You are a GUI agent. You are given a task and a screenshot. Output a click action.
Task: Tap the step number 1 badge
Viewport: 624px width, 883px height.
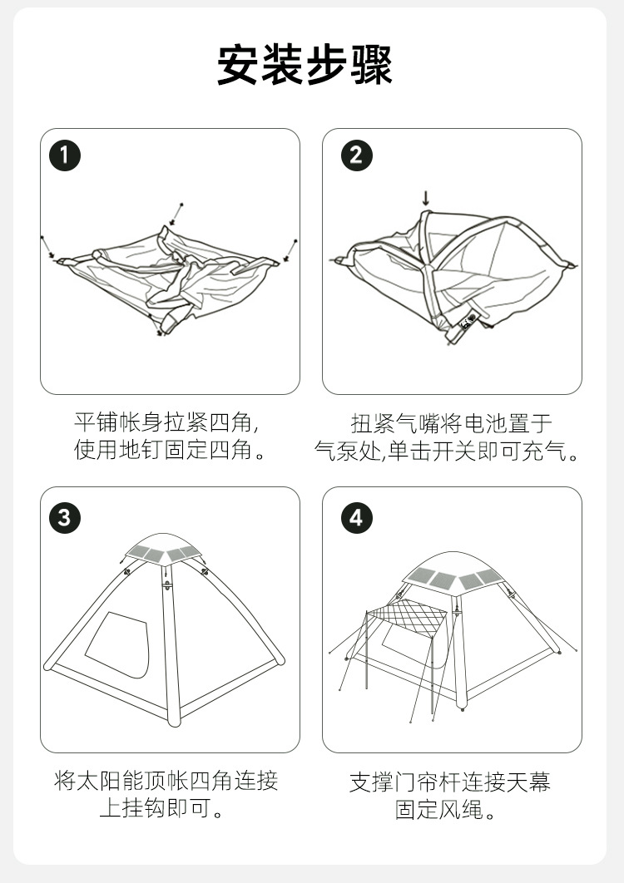[x=64, y=155]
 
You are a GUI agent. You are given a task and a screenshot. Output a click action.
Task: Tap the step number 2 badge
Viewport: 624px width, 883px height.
[x=356, y=155]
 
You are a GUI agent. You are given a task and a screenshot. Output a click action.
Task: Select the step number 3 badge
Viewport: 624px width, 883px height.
[x=64, y=517]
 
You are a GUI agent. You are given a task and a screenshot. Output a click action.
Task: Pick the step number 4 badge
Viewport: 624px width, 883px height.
[x=356, y=517]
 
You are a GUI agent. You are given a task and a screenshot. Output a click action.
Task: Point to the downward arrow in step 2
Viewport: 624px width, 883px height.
[x=426, y=198]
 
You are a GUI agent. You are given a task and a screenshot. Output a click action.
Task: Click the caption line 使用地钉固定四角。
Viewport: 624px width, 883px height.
[x=170, y=451]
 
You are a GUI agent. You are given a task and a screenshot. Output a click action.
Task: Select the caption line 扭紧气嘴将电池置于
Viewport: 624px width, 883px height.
[x=451, y=422]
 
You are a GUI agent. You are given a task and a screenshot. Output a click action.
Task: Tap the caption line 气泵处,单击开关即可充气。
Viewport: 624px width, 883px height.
[x=447, y=451]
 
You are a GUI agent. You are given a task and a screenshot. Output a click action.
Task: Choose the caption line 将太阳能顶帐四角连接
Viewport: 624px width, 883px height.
[x=166, y=781]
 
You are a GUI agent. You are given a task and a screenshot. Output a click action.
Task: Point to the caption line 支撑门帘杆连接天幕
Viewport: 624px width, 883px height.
[x=450, y=782]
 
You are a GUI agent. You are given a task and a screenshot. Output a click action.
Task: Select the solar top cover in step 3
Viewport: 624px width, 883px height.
[x=165, y=551]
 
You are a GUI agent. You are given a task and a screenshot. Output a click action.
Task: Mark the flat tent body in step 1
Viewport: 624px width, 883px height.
[x=166, y=279]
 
